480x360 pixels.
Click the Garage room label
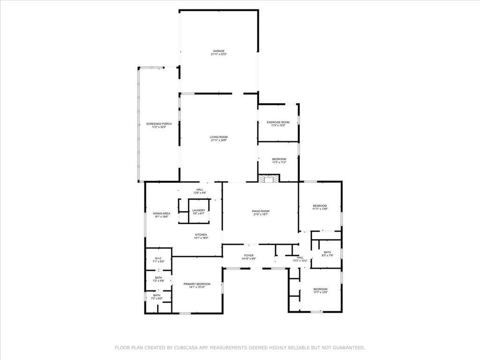tap(218, 51)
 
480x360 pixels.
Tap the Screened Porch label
tap(159, 124)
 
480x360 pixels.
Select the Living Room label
tap(218, 137)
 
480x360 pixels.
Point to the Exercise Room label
tap(278, 122)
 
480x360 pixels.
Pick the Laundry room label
tap(198, 210)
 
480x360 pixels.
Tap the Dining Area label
tap(161, 214)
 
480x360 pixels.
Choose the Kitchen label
tap(201, 235)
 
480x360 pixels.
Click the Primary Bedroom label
tap(197, 284)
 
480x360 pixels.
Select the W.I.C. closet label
tap(158, 258)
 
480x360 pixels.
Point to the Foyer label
tap(248, 255)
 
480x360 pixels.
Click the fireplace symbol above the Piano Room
tap(269, 179)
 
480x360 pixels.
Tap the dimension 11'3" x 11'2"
tap(279, 163)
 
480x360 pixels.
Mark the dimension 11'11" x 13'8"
tap(320, 210)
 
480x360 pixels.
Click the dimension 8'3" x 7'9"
tap(327, 255)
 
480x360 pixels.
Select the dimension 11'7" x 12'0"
tap(321, 292)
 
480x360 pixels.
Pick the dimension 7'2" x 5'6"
tap(158, 281)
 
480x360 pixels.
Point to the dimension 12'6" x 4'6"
tap(200, 193)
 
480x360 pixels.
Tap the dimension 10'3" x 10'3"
tap(300, 260)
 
